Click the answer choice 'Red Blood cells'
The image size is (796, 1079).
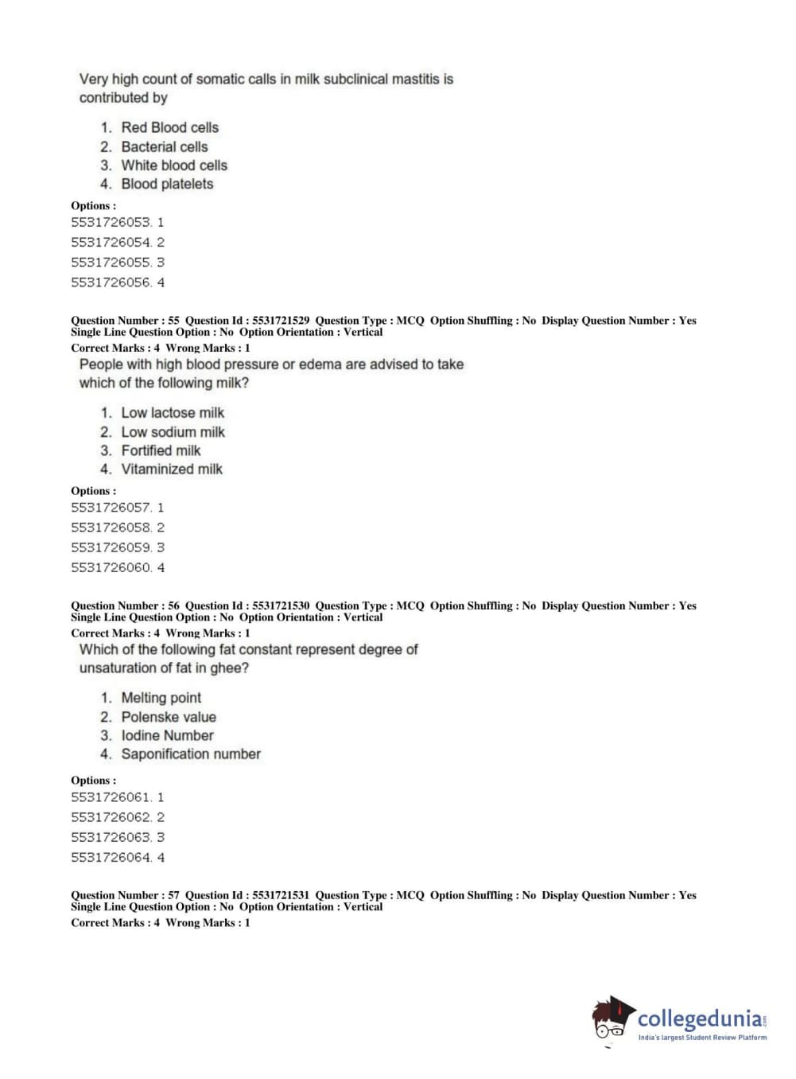click(x=169, y=127)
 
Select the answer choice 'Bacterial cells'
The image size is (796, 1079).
click(x=164, y=146)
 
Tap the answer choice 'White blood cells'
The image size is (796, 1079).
click(x=174, y=166)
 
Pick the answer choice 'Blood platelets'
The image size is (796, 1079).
click(x=167, y=184)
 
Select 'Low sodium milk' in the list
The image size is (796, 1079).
click(x=173, y=432)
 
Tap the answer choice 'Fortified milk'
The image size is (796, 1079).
click(x=161, y=450)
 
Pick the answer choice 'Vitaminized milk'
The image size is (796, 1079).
click(x=172, y=469)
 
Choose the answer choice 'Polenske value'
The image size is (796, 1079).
click(x=169, y=717)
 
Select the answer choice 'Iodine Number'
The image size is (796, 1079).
click(x=167, y=735)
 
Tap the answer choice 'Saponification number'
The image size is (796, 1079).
click(x=191, y=754)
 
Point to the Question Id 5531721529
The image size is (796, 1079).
click(x=281, y=321)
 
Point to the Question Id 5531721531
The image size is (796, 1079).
click(x=281, y=895)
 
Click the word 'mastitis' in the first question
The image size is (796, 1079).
click(x=416, y=80)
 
